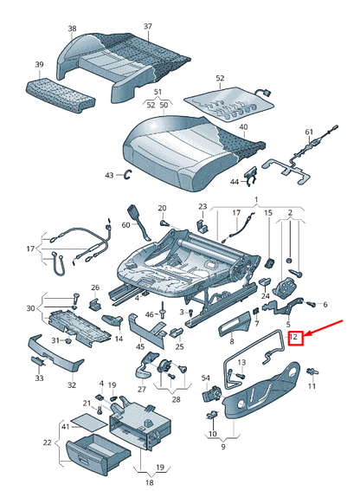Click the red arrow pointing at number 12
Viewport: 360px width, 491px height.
[324, 328]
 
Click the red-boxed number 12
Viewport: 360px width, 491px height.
[295, 338]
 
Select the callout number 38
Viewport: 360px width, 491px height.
[72, 29]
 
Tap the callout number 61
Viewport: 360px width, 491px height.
[309, 132]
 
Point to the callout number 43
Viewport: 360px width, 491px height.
[109, 175]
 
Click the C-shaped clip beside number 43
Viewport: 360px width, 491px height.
[128, 174]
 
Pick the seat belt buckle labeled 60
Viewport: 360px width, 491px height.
[139, 222]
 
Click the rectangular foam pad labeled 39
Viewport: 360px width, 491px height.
[61, 95]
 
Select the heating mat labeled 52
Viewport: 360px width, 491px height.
[228, 104]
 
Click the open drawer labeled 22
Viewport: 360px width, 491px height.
[98, 451]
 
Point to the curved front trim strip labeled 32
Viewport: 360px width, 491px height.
[55, 353]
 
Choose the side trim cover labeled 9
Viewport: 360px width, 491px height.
[260, 390]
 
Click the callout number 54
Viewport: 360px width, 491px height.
[205, 378]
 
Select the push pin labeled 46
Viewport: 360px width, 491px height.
[162, 310]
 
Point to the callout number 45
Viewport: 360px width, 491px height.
[140, 347]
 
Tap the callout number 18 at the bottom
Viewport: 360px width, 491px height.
[150, 482]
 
